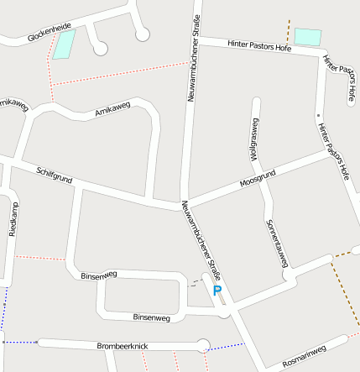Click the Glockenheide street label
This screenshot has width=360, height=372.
pyautogui.click(x=49, y=33)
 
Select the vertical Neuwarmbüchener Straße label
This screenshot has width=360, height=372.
pyautogui.click(x=193, y=59)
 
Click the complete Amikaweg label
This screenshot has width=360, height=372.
pyautogui.click(x=113, y=110)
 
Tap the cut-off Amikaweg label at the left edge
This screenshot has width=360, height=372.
pyautogui.click(x=13, y=104)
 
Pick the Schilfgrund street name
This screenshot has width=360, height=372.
pyautogui.click(x=56, y=176)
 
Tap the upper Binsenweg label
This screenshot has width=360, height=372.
pyautogui.click(x=98, y=275)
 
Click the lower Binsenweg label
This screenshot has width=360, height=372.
pyautogui.click(x=152, y=317)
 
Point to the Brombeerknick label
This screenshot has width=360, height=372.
pyautogui.click(x=123, y=345)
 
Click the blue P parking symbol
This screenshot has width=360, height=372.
pyautogui.click(x=217, y=291)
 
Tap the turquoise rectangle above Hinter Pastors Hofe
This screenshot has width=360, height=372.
pyautogui.click(x=307, y=37)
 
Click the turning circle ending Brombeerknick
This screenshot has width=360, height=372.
pyautogui.click(x=201, y=343)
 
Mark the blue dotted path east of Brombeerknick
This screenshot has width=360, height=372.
pyautogui.click(x=227, y=346)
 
